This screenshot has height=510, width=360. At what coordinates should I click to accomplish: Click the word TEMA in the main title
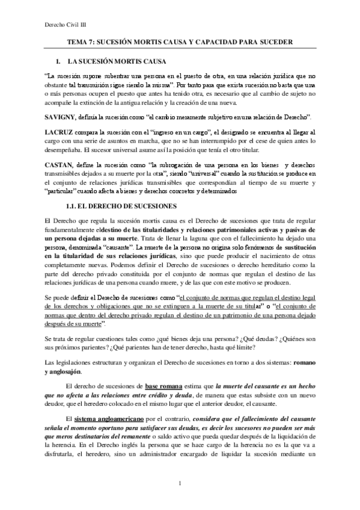[77, 43]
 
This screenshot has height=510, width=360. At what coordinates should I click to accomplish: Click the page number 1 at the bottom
[180, 484]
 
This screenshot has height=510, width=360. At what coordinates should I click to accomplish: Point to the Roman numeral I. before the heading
[58, 62]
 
